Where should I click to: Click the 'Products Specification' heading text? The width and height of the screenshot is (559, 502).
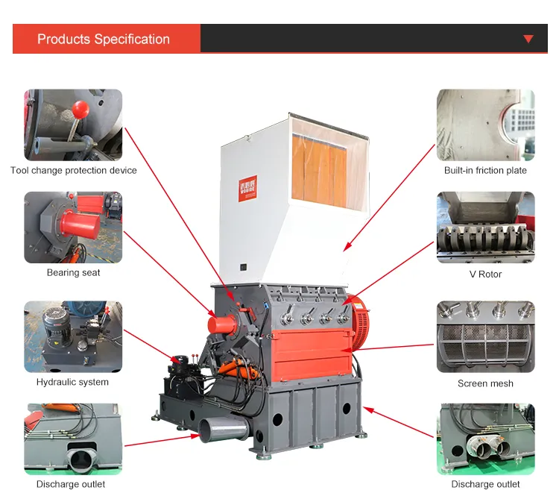click(104, 39)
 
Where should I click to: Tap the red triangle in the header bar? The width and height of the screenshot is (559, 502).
click(528, 39)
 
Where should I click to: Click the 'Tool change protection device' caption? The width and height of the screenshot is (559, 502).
click(74, 170)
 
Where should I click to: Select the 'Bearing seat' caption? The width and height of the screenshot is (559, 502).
click(74, 272)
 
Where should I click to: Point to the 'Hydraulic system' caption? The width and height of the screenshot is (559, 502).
click(72, 382)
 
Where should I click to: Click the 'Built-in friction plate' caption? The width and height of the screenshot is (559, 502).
click(485, 170)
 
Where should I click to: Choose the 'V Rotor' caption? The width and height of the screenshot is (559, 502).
click(485, 274)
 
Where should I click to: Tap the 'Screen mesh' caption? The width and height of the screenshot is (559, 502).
click(485, 383)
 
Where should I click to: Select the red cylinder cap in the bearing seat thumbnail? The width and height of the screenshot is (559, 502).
click(80, 224)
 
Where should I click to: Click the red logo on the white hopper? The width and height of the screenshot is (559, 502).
click(247, 188)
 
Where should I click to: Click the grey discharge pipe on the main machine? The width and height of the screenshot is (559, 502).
click(224, 429)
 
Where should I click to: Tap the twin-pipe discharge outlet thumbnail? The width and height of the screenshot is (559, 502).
click(485, 439)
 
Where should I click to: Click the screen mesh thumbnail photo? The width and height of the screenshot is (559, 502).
click(485, 336)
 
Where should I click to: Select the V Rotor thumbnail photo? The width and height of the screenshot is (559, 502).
click(485, 228)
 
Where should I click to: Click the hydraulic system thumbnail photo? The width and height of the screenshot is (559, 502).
click(73, 336)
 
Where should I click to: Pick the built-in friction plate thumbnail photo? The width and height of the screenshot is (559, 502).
click(485, 125)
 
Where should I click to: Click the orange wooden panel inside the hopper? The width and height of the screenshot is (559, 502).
click(319, 172)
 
